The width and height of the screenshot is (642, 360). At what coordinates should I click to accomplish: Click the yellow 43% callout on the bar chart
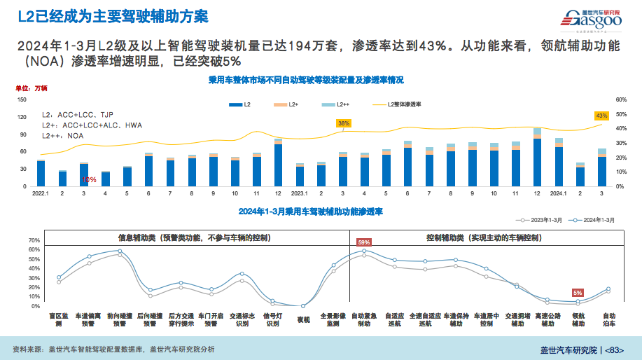tap(601, 115)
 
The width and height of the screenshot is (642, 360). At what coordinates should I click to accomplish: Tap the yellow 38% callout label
tap(343, 123)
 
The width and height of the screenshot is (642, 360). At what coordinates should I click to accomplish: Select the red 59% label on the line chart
tap(364, 242)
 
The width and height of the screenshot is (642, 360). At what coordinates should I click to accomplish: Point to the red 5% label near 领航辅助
tap(578, 293)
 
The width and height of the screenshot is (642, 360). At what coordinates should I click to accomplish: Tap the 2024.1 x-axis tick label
tap(558, 193)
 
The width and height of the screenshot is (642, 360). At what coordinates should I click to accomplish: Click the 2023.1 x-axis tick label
tap(300, 193)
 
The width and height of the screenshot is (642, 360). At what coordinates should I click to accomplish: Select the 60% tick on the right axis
tap(620, 100)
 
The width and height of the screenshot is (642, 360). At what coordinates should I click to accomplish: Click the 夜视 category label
tap(303, 319)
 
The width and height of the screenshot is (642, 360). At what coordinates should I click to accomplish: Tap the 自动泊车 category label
tap(609, 319)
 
